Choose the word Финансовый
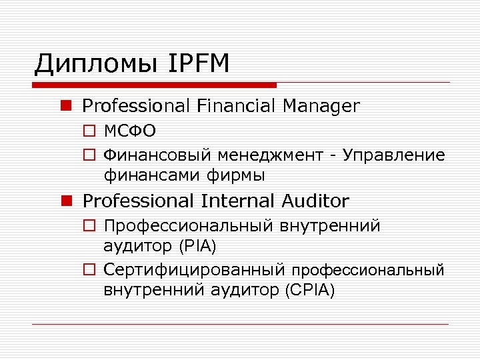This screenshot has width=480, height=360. (x=157, y=156)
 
